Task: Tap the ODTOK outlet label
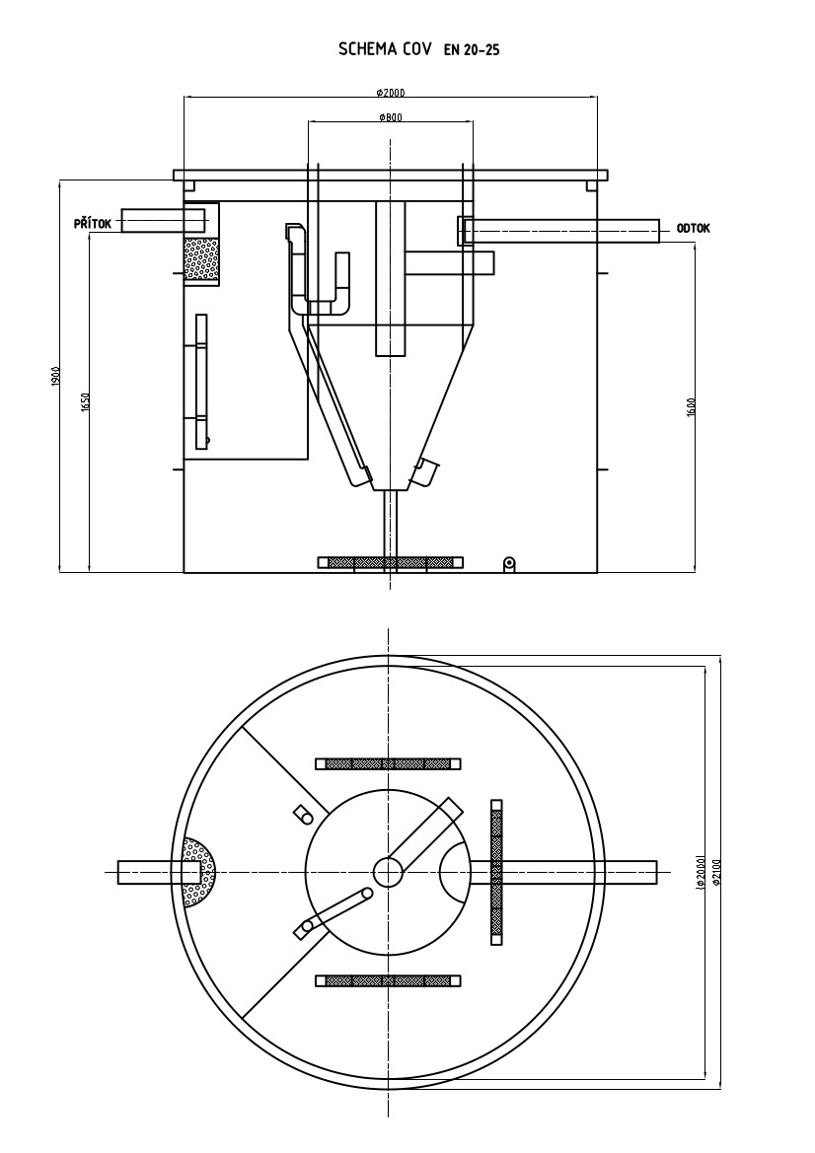(x=693, y=229)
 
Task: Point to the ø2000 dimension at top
(x=391, y=93)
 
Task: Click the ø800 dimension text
(x=390, y=116)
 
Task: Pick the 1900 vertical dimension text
(x=56, y=376)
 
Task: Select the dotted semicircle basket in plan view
(x=199, y=872)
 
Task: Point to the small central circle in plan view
(x=388, y=872)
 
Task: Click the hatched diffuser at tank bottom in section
(x=390, y=562)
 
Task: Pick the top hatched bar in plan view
(x=388, y=763)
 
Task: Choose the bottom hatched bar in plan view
(x=388, y=980)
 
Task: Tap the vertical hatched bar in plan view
(x=497, y=870)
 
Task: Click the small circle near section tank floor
(x=509, y=563)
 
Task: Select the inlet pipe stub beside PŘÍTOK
(x=153, y=220)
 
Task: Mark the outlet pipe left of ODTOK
(x=562, y=230)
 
